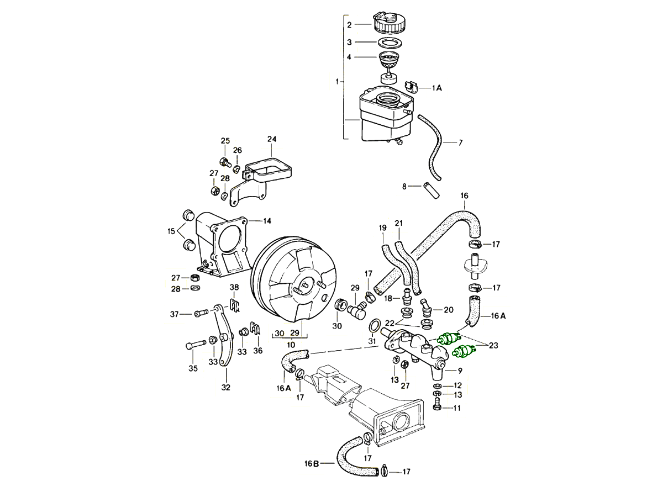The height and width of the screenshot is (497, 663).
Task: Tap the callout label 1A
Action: pos(437,88)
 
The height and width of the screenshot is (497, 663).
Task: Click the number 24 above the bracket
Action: pos(272,139)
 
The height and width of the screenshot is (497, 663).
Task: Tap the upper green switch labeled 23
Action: pos(448,339)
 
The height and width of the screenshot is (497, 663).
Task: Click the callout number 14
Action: pos(267,221)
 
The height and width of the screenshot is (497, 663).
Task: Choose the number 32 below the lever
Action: pos(225,387)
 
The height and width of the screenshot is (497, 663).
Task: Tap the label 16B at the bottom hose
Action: pos(312,463)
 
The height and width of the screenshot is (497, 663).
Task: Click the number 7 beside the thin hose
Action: pos(460,143)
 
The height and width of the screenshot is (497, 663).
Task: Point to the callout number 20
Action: pos(448,310)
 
